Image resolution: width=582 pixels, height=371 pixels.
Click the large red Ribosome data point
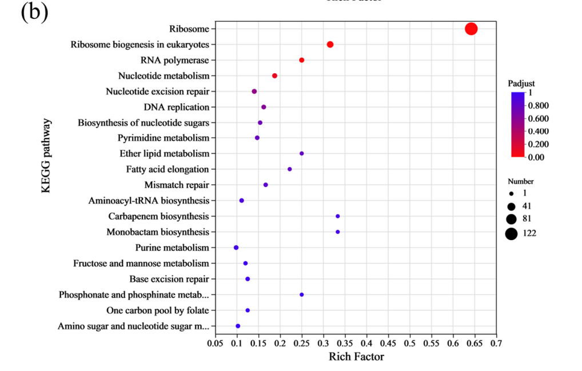[471, 29]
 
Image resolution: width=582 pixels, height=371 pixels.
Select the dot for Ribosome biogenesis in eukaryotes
[330, 45]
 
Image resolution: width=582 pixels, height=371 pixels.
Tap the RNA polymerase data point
[302, 60]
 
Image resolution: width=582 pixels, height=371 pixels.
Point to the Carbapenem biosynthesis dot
[338, 216]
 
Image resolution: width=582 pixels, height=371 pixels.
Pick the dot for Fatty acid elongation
[290, 169]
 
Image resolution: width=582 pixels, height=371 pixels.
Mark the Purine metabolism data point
[236, 248]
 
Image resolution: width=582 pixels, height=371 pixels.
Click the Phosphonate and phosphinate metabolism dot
[302, 294]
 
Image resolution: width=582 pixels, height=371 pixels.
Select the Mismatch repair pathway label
[176, 185]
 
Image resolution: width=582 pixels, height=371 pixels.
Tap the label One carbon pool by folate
[157, 310]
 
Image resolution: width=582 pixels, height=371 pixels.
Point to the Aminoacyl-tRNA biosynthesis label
[149, 201]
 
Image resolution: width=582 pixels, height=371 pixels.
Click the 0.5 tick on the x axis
[410, 343]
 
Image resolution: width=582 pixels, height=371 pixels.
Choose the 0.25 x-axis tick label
[302, 343]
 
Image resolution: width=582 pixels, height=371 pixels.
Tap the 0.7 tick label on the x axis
[496, 343]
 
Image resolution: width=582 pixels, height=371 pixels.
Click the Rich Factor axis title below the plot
[356, 357]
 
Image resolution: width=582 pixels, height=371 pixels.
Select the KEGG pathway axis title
[46, 156]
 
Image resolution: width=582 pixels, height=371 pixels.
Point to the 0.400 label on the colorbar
[539, 131]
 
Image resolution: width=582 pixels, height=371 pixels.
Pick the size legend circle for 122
[511, 233]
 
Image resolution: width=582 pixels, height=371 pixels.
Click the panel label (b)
[34, 13]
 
